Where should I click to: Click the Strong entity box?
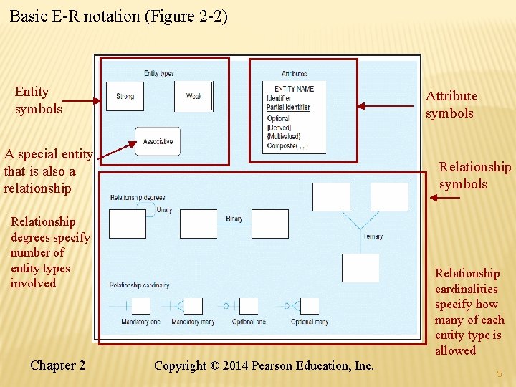coord(125,96)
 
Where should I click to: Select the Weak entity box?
coord(193,96)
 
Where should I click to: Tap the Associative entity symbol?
coord(158,141)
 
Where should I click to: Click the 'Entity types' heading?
coord(158,73)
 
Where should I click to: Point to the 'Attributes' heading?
coord(294,73)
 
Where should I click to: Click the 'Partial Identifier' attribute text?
coord(288,107)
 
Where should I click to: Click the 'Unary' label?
coord(163,210)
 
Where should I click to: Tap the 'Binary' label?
coord(234,219)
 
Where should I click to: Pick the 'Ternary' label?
coord(373,236)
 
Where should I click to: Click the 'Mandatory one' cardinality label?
coord(140,322)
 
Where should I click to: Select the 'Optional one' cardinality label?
coord(249,322)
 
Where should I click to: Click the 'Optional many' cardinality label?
coord(310,322)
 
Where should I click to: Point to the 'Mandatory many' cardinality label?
coord(193,322)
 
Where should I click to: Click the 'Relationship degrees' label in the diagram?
coord(138,198)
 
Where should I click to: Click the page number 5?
coord(499,373)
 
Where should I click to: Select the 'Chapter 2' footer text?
coord(58,365)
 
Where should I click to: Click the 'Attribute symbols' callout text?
coord(451,105)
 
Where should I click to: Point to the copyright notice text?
coord(264,365)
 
